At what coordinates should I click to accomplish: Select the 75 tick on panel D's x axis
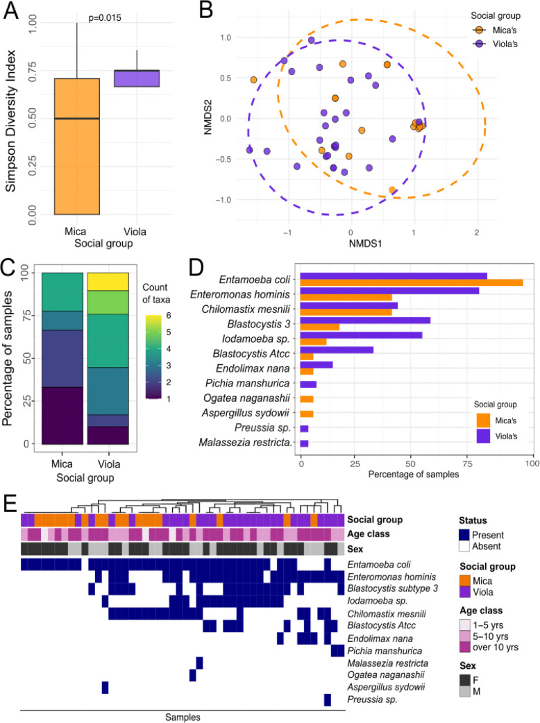pos(474,460)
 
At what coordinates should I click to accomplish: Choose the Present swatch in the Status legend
pos(465,535)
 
